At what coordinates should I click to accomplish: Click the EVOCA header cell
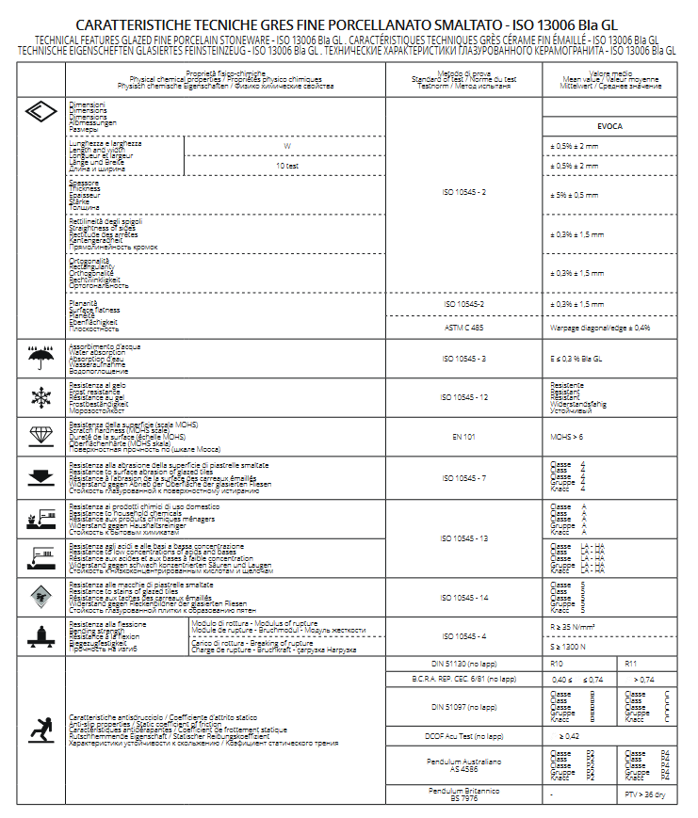point(609,125)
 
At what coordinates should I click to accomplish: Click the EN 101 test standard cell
point(463,437)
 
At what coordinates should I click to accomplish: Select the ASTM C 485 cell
point(463,328)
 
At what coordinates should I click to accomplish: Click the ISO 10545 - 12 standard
point(463,397)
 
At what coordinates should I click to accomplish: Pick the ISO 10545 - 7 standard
point(463,477)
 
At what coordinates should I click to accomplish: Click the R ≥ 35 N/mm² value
point(576,625)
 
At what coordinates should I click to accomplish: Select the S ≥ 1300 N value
point(571,646)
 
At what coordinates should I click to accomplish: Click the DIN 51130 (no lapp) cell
point(463,665)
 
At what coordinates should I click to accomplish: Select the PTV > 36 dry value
point(645,794)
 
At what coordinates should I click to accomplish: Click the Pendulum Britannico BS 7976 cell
point(463,794)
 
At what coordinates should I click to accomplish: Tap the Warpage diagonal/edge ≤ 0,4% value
point(600,328)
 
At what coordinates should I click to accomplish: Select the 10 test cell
point(287,166)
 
